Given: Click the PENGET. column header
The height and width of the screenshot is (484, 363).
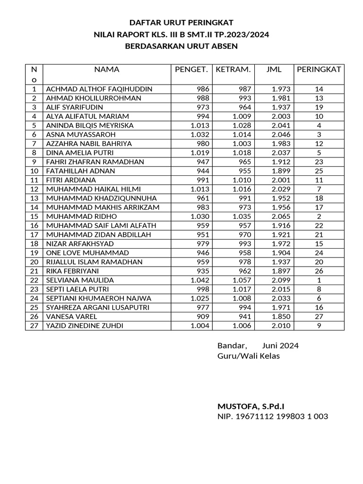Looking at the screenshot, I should pos(191,69).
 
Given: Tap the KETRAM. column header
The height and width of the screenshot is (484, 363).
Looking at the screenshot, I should pos(233,69).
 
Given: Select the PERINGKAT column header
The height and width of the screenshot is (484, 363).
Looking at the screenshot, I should pos(319,69).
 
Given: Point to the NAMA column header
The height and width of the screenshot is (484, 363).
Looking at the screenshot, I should pos(107,69).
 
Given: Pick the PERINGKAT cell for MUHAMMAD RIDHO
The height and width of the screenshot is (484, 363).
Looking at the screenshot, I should pos(319,216).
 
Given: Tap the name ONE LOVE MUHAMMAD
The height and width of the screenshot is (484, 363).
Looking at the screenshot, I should pos(82,253).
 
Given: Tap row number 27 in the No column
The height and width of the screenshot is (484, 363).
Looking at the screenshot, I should pos(34,326).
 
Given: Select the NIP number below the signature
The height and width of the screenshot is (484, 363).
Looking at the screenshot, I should pos(273,416).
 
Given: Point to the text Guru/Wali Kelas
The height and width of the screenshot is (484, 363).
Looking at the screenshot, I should pos(248,356).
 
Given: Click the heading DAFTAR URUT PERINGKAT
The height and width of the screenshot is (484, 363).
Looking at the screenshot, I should pos(181,22).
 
